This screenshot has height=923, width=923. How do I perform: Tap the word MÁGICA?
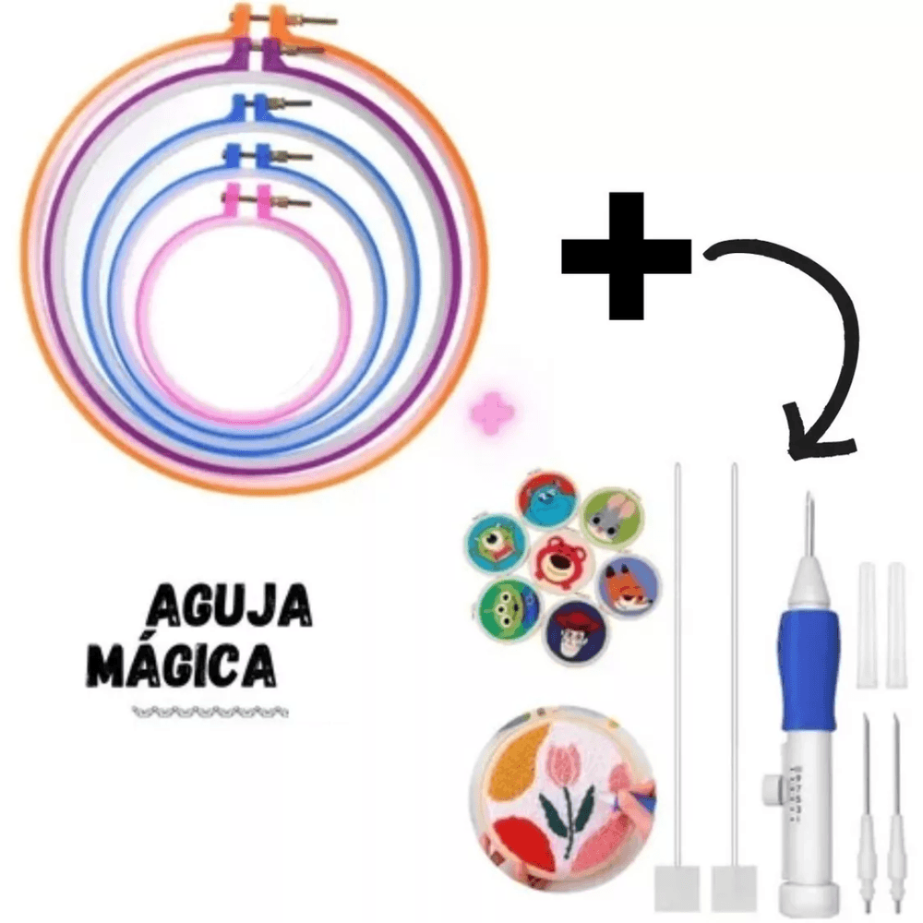[186, 667]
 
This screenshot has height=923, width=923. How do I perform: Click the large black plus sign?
[626, 257]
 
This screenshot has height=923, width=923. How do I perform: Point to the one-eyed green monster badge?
[497, 543]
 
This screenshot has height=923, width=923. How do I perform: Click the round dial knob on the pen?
[772, 785]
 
